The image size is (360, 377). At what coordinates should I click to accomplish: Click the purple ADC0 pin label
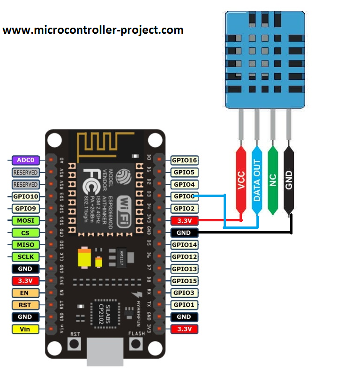(x=25, y=160)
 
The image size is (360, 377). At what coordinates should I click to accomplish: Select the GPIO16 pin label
(x=184, y=160)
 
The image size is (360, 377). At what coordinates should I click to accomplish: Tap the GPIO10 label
(x=25, y=196)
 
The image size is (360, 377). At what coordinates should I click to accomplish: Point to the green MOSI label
(x=25, y=220)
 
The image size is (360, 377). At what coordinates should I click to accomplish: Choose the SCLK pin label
(x=25, y=257)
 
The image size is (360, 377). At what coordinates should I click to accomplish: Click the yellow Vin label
(x=25, y=329)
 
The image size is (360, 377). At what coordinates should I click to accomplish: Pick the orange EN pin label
(x=25, y=293)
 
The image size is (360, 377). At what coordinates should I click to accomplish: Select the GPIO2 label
(x=184, y=209)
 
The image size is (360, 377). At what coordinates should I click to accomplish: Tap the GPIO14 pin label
(x=184, y=245)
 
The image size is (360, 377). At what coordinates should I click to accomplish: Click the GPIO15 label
(x=184, y=281)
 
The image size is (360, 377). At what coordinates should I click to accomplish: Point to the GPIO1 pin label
(x=184, y=305)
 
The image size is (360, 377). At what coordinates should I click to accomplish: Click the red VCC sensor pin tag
(x=241, y=181)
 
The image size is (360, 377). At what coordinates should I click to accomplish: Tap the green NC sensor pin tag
(x=273, y=181)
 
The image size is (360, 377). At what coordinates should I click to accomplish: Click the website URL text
(x=93, y=30)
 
